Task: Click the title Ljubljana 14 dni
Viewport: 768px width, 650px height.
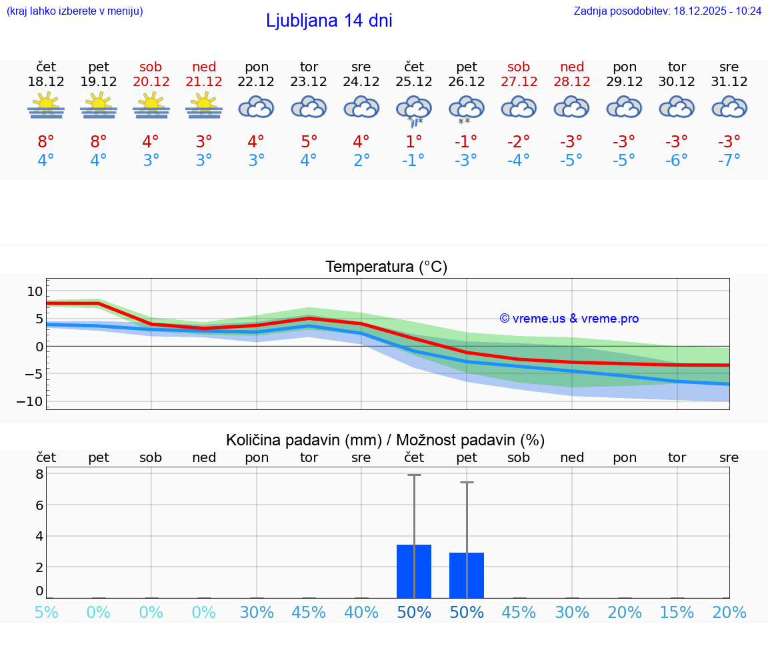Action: pyautogui.click(x=329, y=21)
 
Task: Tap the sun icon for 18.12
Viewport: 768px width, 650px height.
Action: pyautogui.click(x=46, y=106)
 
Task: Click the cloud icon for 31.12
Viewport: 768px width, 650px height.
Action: pyautogui.click(x=729, y=107)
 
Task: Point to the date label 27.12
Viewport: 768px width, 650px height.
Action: pyautogui.click(x=519, y=81)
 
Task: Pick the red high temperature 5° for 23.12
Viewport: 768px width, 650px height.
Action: pyautogui.click(x=309, y=141)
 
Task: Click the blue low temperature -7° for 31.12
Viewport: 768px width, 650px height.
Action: pyautogui.click(x=729, y=161)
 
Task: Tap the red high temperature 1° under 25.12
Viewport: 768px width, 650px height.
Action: pyautogui.click(x=413, y=141)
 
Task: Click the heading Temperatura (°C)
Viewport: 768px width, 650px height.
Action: pyautogui.click(x=386, y=267)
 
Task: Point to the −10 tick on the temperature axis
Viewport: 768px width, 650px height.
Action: pyautogui.click(x=34, y=401)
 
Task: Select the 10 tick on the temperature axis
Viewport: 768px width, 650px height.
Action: pyautogui.click(x=35, y=291)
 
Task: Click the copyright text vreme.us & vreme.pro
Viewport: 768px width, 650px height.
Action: pyautogui.click(x=569, y=319)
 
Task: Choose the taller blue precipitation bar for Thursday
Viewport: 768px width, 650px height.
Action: pyautogui.click(x=414, y=571)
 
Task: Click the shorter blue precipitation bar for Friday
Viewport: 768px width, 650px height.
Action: pyautogui.click(x=467, y=575)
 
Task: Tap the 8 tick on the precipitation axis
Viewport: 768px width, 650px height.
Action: pyautogui.click(x=39, y=474)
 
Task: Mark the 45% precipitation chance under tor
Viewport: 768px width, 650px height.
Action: pyautogui.click(x=309, y=613)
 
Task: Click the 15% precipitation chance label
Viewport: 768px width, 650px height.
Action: pyautogui.click(x=677, y=613)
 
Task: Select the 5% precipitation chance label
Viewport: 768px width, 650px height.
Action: pyautogui.click(x=46, y=613)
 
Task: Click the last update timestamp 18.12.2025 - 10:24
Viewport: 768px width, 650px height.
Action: pyautogui.click(x=708, y=11)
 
